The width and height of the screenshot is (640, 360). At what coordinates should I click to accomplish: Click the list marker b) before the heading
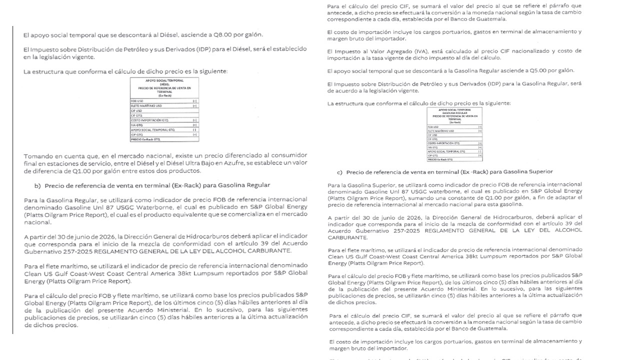coord(37,185)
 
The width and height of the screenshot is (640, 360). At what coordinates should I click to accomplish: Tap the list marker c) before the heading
coord(339,172)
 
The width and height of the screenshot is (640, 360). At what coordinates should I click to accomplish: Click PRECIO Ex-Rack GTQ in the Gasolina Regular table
coord(440,159)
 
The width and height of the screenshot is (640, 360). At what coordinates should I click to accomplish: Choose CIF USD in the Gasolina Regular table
coord(432,135)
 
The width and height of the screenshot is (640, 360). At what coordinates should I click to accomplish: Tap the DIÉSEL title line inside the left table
coord(164,84)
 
